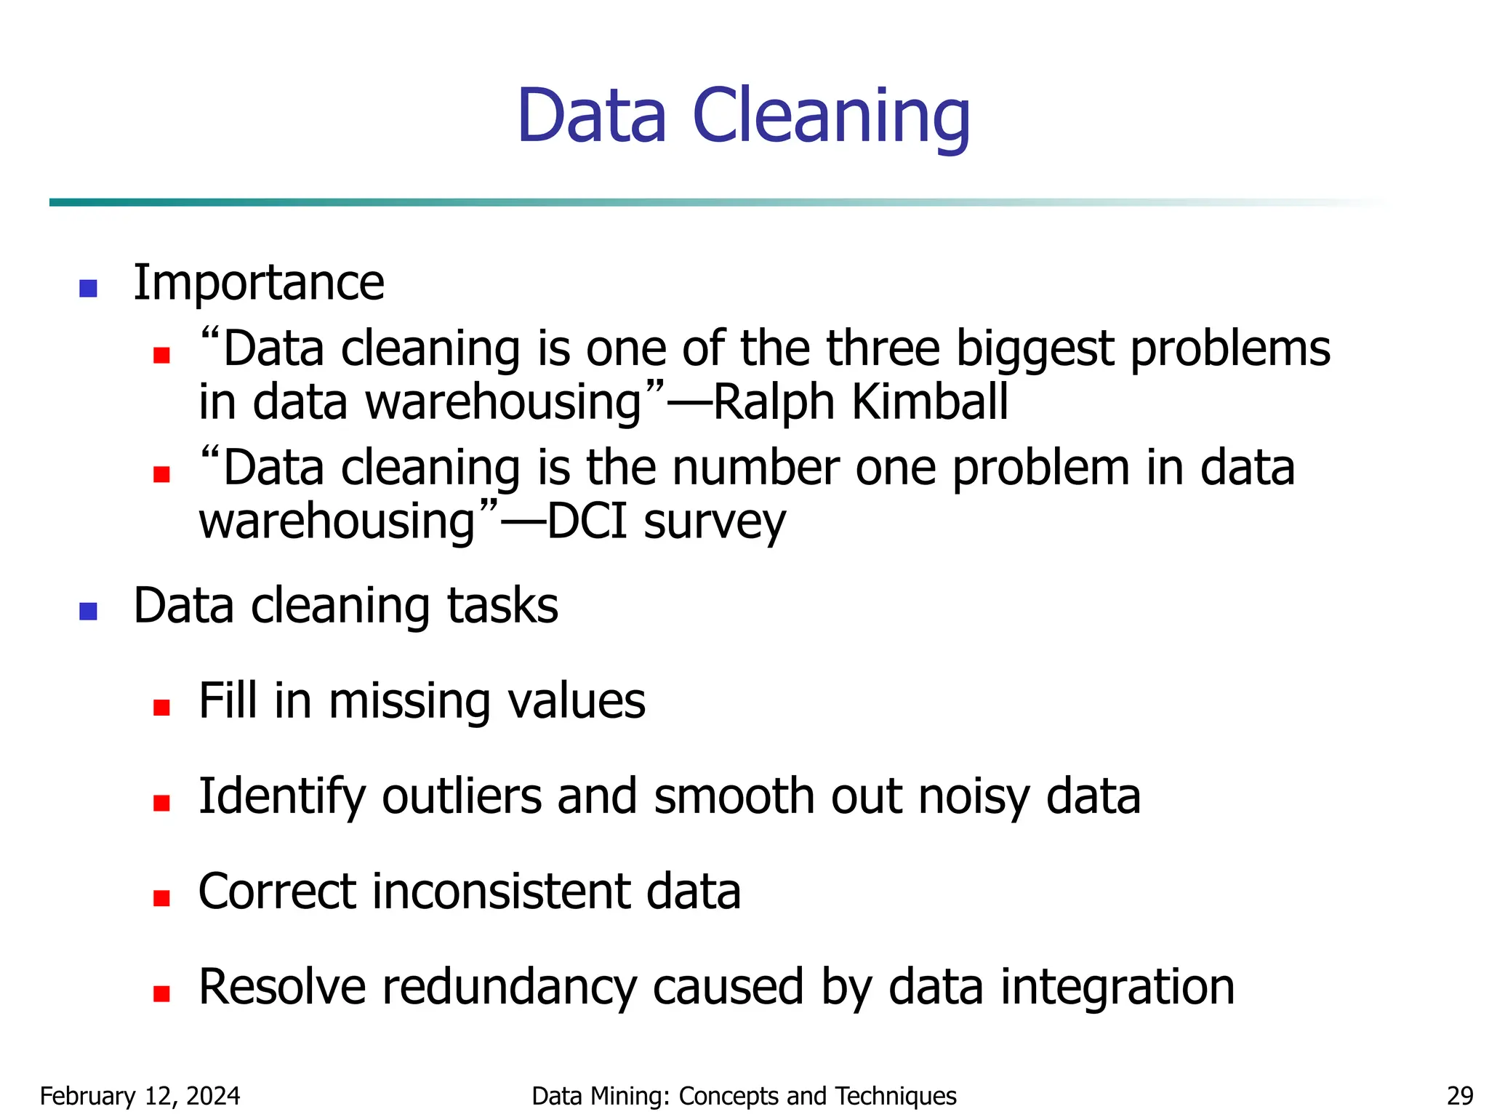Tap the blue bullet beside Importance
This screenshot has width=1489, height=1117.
tap(88, 289)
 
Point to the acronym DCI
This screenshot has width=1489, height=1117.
tap(586, 521)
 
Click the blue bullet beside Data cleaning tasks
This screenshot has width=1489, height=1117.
tap(88, 612)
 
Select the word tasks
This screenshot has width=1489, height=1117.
tap(502, 606)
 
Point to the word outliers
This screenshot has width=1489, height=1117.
tap(462, 796)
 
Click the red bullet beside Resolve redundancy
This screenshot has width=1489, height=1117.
tap(161, 993)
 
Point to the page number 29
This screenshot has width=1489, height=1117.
tap(1460, 1096)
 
